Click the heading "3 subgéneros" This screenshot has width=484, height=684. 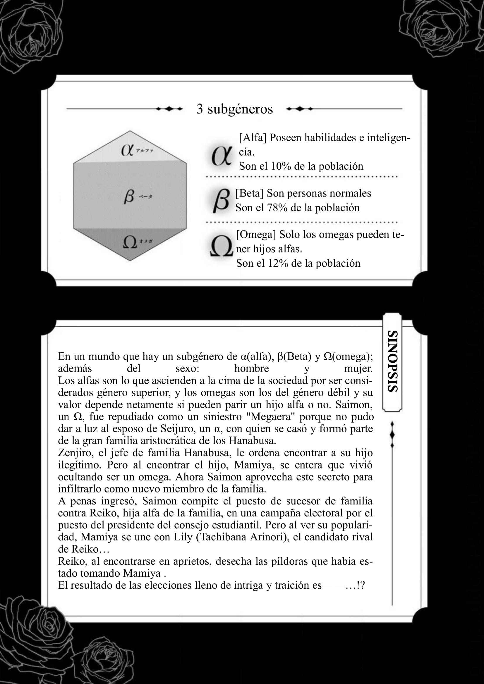click(235, 109)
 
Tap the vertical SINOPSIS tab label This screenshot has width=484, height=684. click(392, 361)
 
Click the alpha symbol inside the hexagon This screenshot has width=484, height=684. click(127, 150)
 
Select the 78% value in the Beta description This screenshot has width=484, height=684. click(277, 208)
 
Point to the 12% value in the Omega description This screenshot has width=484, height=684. click(278, 263)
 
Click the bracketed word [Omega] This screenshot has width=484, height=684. click(256, 235)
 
